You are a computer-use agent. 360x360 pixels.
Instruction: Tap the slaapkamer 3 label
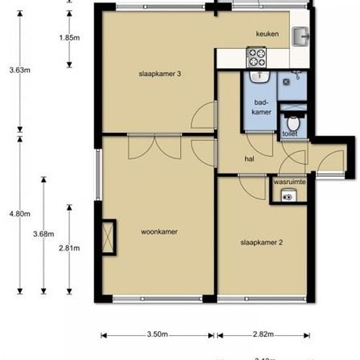[159, 74]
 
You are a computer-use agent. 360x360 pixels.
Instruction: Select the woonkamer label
[160, 231]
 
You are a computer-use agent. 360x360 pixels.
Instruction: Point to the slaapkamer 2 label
[262, 242]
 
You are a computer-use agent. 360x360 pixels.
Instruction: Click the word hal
[249, 158]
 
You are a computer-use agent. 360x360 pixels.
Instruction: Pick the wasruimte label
[289, 181]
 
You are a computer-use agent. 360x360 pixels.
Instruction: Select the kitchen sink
[302, 36]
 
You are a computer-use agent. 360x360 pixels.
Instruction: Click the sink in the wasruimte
[287, 194]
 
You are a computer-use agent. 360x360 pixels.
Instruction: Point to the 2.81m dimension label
[70, 247]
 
